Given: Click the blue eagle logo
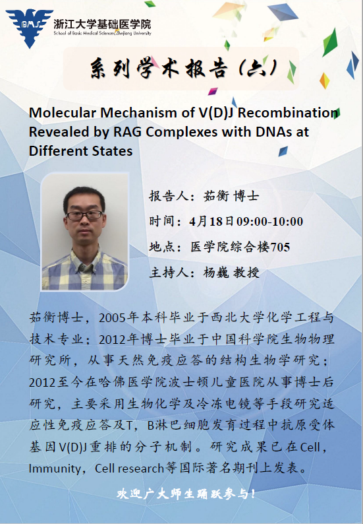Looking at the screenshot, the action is pyautogui.click(x=30, y=28).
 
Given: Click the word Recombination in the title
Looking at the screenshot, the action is pyautogui.click(x=289, y=113).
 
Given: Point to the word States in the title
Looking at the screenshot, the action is pyautogui.click(x=112, y=150).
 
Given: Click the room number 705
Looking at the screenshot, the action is pyautogui.click(x=279, y=247).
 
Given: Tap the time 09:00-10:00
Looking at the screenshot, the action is pyautogui.click(x=269, y=221).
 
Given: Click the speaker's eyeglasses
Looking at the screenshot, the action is pyautogui.click(x=85, y=215).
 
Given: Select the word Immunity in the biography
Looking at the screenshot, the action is pyautogui.click(x=55, y=469).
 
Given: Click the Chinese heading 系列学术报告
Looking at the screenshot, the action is pyautogui.click(x=159, y=69).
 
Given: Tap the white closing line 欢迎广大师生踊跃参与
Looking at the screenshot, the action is pyautogui.click(x=186, y=494).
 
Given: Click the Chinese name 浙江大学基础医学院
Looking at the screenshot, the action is pyautogui.click(x=102, y=24).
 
